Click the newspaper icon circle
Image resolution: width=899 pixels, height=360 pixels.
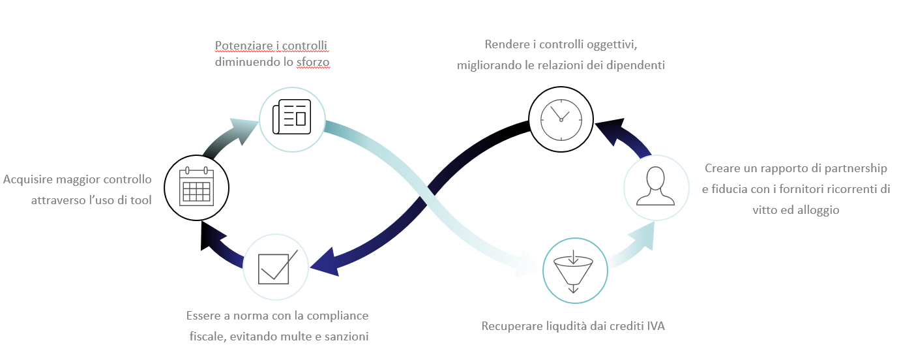click(x=291, y=118)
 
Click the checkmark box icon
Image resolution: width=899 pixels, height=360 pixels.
click(x=275, y=267)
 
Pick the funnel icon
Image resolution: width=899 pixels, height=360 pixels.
click(x=574, y=270)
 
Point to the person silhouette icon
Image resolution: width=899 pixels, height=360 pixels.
click(x=656, y=187)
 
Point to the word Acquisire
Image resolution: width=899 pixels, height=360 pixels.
click(x=31, y=179)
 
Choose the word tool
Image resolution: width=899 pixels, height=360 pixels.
click(x=140, y=200)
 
